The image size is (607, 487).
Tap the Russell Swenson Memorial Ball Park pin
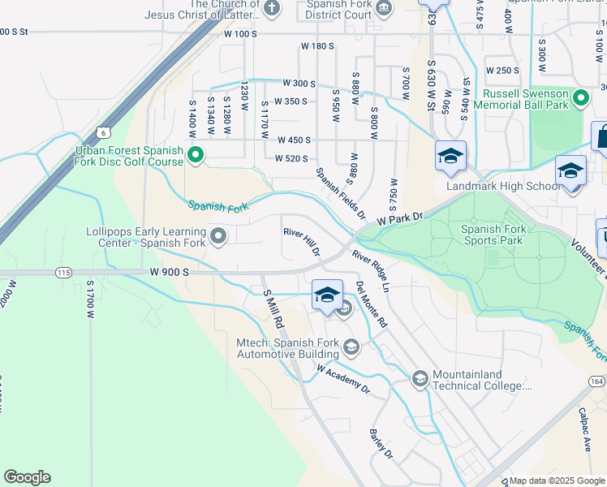[x=580, y=99]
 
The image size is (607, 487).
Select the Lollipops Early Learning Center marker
[x=217, y=236]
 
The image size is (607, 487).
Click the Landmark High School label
[x=503, y=186]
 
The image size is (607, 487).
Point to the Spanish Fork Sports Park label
[x=503, y=235]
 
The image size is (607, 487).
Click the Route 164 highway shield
[x=596, y=380]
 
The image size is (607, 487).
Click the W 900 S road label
[x=169, y=274]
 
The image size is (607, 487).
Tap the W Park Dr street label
[x=400, y=219]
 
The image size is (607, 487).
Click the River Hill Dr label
[x=302, y=242]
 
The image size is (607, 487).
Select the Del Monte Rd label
[x=372, y=304]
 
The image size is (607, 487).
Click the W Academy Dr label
[x=342, y=379]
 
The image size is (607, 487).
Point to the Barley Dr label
[x=381, y=442]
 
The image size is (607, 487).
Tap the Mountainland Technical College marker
[x=420, y=378]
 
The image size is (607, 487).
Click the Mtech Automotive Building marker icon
[x=351, y=348]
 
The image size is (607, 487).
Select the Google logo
[x=27, y=477]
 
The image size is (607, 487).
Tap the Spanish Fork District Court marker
[x=384, y=8]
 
